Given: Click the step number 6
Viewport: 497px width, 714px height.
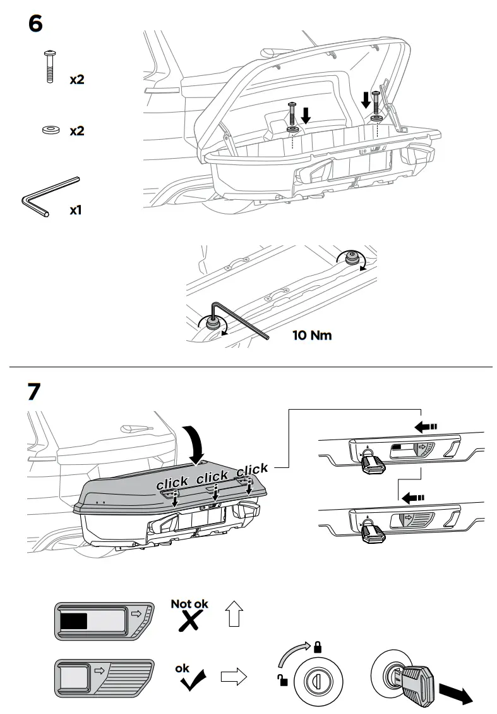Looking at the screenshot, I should coord(36,24).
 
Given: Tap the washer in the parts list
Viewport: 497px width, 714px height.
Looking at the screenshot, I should coord(49,130).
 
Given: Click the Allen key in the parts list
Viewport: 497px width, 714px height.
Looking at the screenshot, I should coord(49,198).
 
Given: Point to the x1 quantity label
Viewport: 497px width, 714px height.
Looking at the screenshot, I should coord(76,209).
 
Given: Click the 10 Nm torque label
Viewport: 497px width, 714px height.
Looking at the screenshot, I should coord(311,335).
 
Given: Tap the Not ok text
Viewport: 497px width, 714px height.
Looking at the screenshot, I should coord(189,604).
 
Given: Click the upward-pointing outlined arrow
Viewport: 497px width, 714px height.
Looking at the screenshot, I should coord(234,613).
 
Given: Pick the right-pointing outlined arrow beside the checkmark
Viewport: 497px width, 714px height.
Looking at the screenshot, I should coord(232,677).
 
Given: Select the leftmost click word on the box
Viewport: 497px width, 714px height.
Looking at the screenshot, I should coord(172,483).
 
